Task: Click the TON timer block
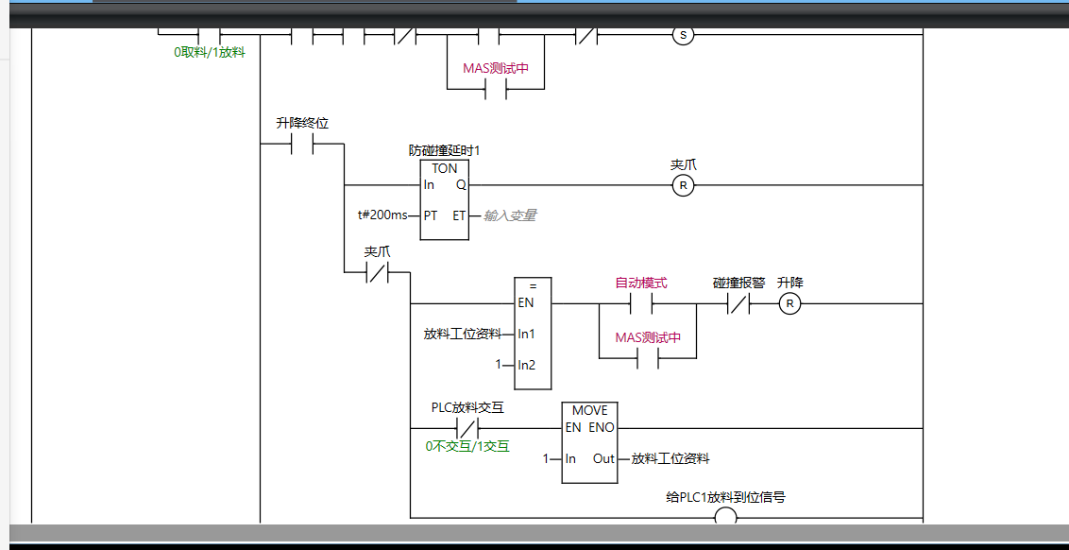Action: click(x=444, y=199)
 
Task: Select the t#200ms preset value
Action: click(x=382, y=215)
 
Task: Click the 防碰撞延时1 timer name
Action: click(x=445, y=150)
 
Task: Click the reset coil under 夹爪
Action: click(x=683, y=185)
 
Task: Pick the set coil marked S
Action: click(x=683, y=36)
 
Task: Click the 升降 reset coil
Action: click(x=789, y=303)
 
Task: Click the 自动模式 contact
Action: click(x=641, y=303)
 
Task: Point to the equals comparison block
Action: click(x=533, y=333)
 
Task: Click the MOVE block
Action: click(x=590, y=442)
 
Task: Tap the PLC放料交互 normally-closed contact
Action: click(x=468, y=428)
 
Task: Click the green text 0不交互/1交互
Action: click(x=467, y=446)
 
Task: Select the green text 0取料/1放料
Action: click(x=209, y=53)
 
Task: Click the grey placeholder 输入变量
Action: click(x=510, y=215)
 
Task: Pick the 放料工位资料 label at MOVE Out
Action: click(x=670, y=458)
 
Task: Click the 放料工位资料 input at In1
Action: click(x=463, y=334)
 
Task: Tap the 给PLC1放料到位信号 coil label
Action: click(x=725, y=497)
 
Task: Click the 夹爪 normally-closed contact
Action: click(x=377, y=273)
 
